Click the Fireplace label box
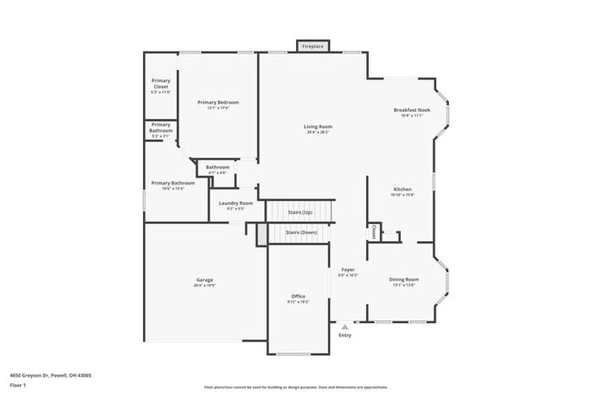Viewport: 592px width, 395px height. [x=311, y=46]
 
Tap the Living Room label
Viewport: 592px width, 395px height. [x=318, y=127]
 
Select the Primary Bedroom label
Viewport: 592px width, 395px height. [x=217, y=105]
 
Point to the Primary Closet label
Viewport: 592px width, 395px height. [x=160, y=86]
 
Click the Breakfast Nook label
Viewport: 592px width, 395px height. [x=413, y=110]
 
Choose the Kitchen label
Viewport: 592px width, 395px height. [x=403, y=189]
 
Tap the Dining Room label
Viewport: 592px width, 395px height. [x=404, y=279]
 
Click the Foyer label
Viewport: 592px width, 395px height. [x=348, y=269]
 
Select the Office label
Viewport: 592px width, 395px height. [x=298, y=297]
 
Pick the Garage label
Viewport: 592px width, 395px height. [x=204, y=279]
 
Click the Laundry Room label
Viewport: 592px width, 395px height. [x=235, y=203]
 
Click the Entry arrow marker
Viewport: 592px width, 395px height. [x=344, y=327]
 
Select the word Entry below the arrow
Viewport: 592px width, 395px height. [x=344, y=336]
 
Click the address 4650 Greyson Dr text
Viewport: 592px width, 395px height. [x=51, y=375]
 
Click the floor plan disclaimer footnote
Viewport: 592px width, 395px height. [x=295, y=387]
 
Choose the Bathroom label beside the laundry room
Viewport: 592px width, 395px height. [x=218, y=167]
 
